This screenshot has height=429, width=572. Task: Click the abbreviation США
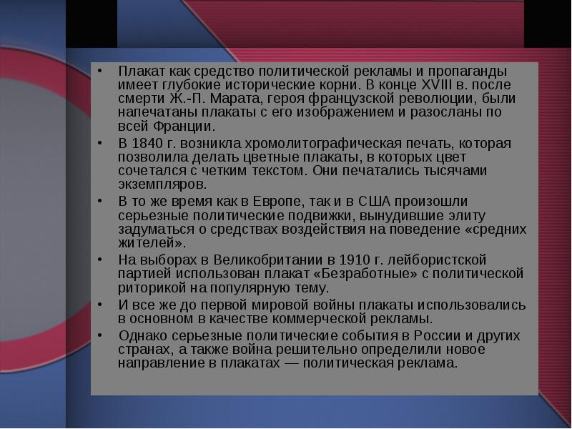374,202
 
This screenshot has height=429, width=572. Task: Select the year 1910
354,260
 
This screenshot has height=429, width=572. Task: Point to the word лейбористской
437,260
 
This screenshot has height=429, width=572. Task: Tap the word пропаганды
468,71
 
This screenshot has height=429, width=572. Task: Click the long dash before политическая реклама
291,364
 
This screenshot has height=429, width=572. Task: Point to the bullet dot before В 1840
100,144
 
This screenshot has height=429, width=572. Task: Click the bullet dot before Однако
100,335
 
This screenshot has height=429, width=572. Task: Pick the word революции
437,99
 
